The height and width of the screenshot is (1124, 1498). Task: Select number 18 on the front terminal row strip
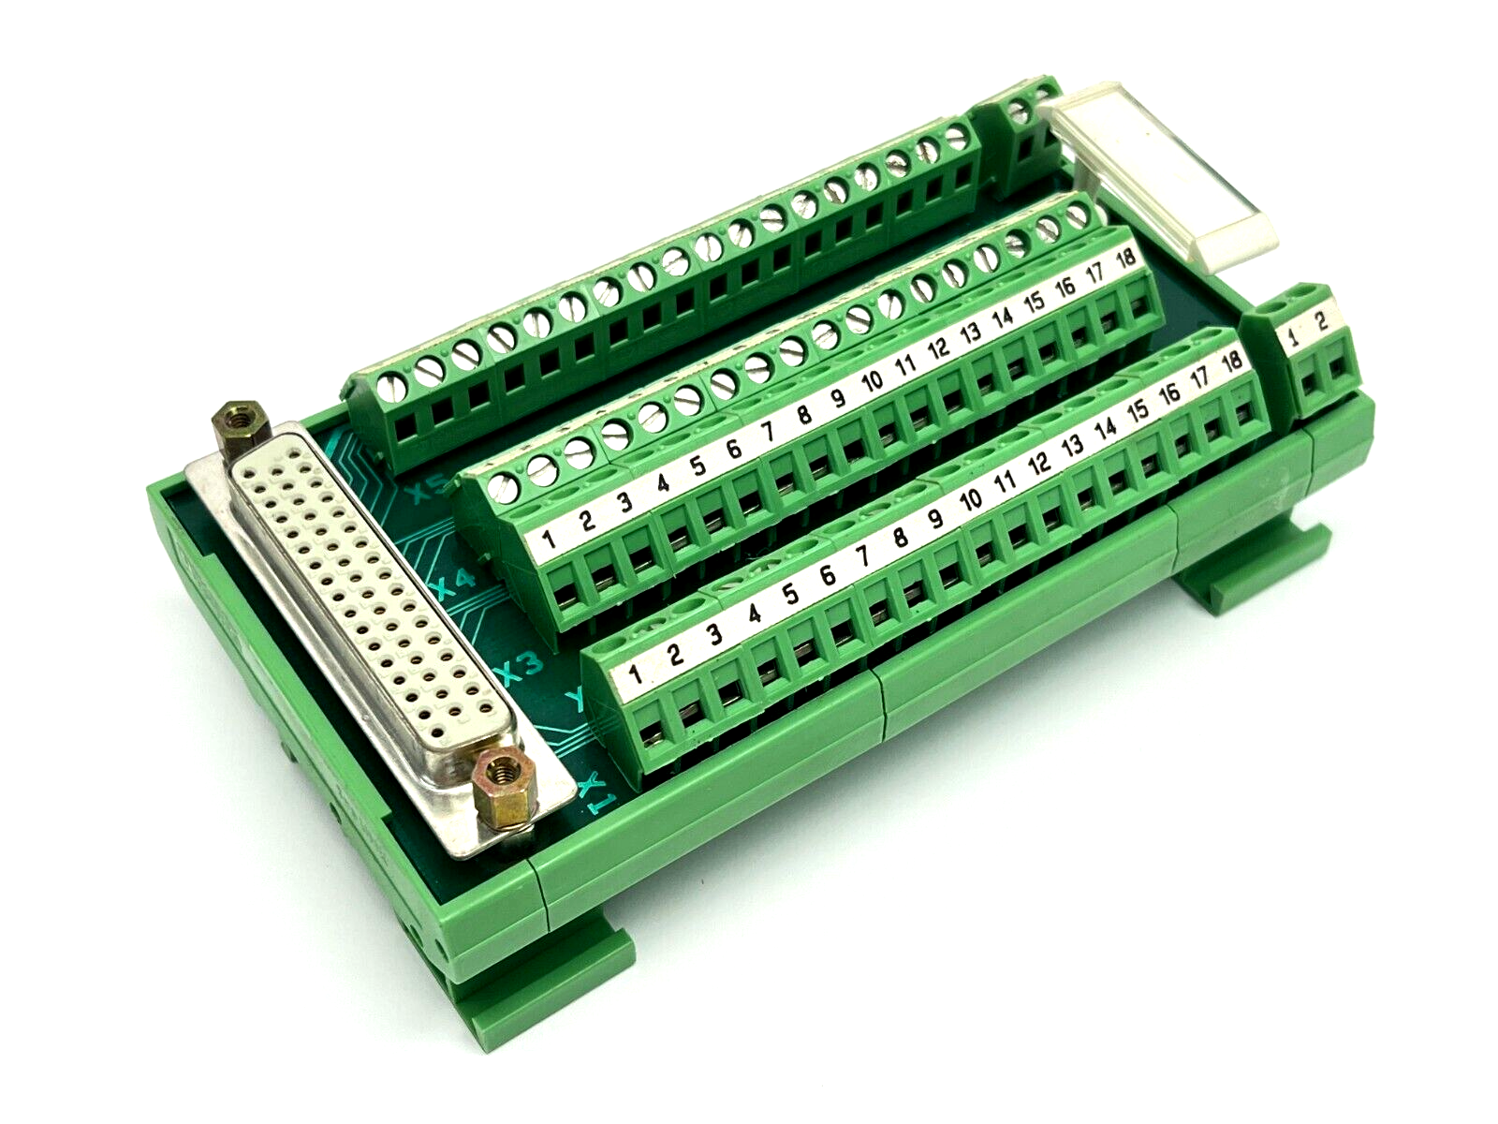click(x=1231, y=359)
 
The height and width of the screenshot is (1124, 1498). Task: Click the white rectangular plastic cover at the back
click(x=1161, y=178)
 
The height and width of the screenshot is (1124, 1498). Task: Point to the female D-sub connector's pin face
click(x=374, y=599)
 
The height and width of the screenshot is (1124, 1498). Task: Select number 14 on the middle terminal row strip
click(x=1003, y=316)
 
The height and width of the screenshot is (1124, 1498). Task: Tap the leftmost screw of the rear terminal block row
click(x=394, y=387)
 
